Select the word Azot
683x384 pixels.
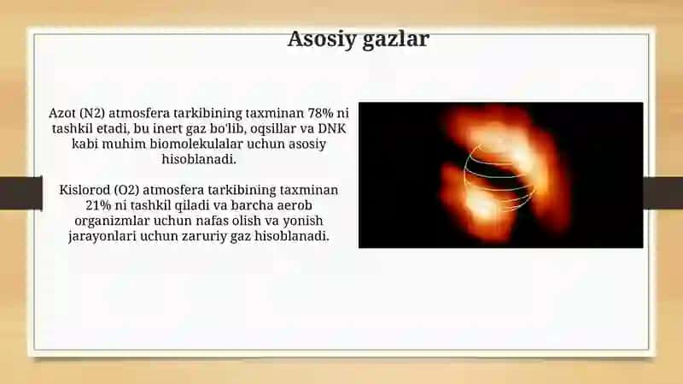click(x=61, y=113)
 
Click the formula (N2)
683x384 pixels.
click(x=92, y=114)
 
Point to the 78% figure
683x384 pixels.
click(x=321, y=113)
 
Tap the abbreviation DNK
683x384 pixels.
click(x=332, y=129)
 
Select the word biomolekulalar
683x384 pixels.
click(x=196, y=144)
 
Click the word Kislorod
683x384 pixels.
click(x=85, y=190)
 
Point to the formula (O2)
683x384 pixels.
click(x=126, y=191)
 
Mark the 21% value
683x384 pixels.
click(x=98, y=205)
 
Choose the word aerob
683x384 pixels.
click(x=295, y=205)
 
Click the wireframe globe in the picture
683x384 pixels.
click(x=499, y=178)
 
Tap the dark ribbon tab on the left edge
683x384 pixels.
click(x=21, y=193)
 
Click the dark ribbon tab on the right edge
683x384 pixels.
click(x=663, y=193)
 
